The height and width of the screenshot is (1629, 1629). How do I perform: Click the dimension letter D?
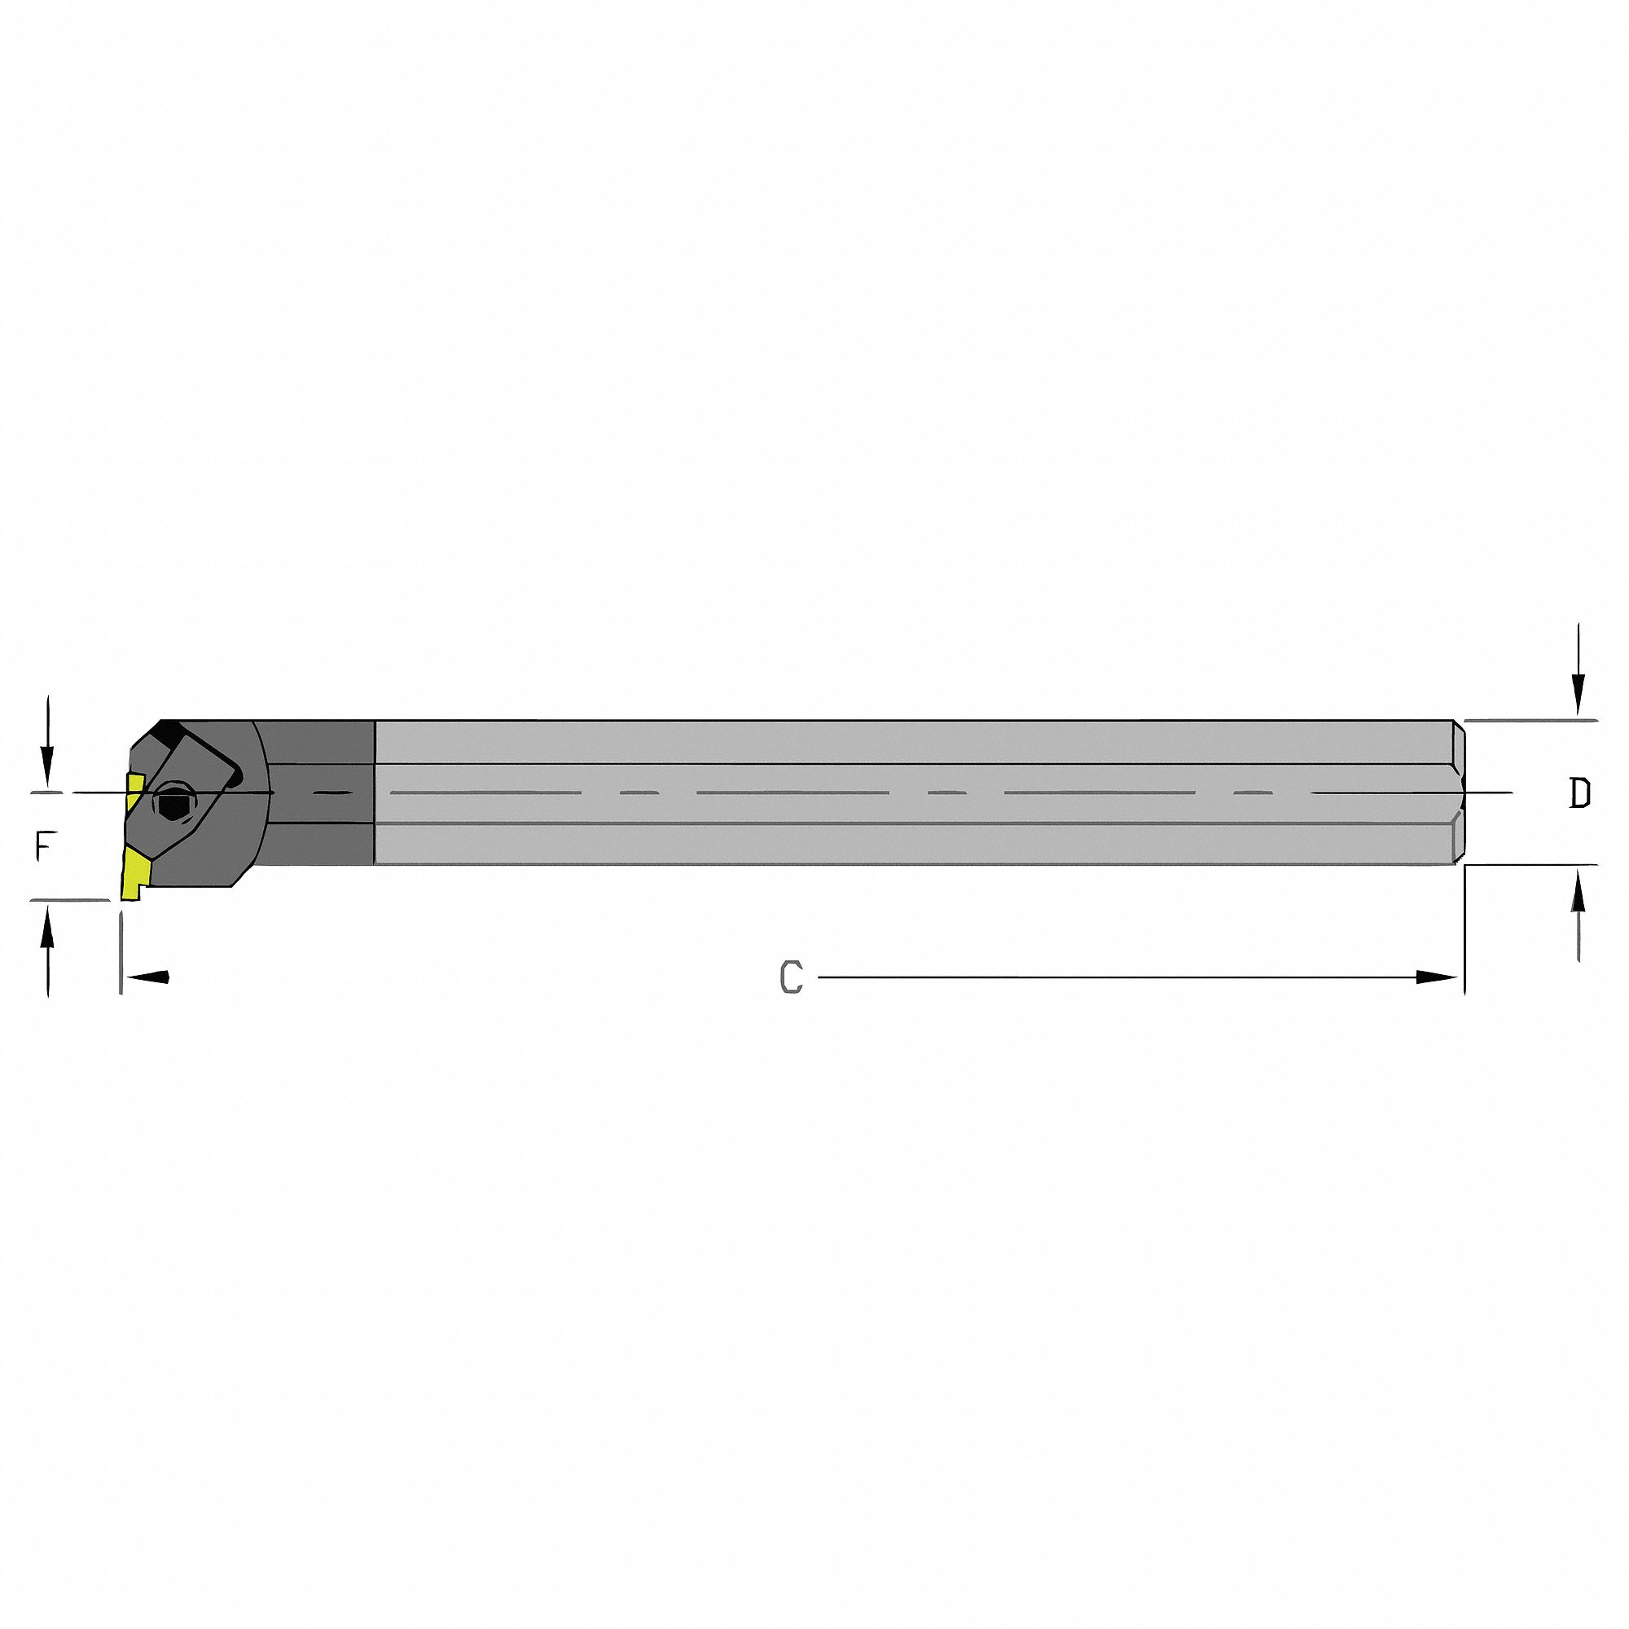(x=1579, y=793)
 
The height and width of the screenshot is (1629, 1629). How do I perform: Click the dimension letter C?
(x=791, y=977)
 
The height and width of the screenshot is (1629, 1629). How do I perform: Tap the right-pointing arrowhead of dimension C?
(x=1436, y=977)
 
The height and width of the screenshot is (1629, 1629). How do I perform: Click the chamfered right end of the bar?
(x=1459, y=793)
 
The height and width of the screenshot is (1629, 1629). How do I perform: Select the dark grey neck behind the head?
(x=320, y=793)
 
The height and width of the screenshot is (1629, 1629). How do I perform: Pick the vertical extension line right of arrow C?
(x=1464, y=928)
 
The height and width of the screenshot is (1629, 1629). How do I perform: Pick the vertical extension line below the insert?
(x=121, y=953)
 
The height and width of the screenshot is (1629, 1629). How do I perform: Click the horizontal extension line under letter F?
(x=72, y=901)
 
